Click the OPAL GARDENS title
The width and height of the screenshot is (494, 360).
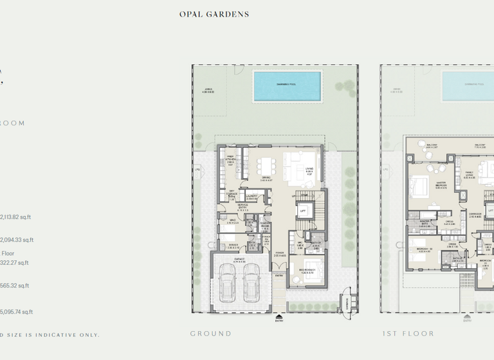pos(214,14)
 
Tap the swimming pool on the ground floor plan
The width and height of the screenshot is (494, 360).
pos(287,85)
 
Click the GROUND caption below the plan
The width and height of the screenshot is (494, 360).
pos(210,334)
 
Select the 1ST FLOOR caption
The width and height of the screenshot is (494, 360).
pos(408,334)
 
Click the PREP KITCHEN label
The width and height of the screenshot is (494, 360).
pos(230,160)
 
